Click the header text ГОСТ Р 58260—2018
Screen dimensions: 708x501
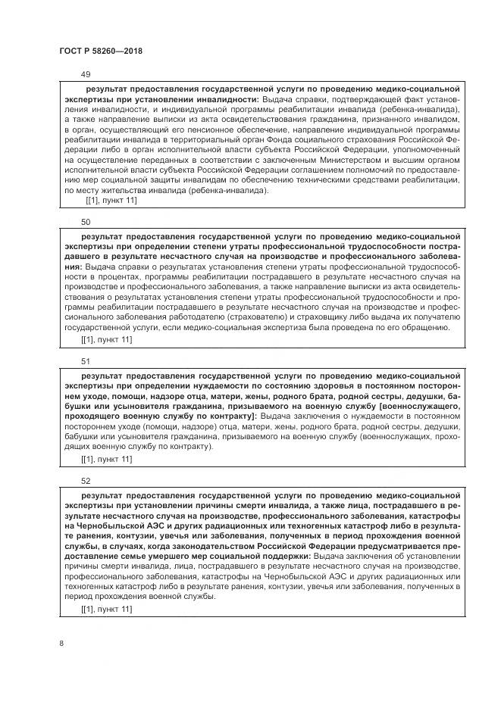(x=100, y=51)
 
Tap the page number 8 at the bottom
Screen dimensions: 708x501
(x=61, y=644)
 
